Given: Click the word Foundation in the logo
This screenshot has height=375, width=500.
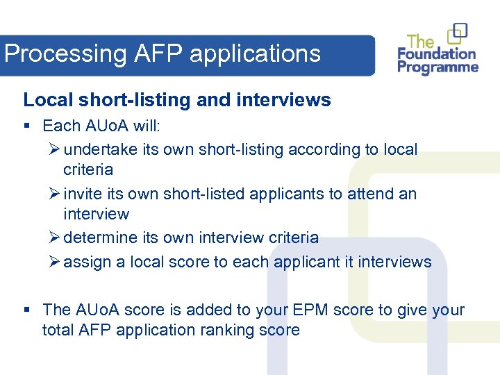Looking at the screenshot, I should pos(436,54).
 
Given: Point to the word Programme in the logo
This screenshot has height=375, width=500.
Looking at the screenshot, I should pos(437,68).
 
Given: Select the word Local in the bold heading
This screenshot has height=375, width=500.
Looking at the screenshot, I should pos(48,100).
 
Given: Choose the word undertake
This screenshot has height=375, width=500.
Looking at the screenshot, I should pos(101,149).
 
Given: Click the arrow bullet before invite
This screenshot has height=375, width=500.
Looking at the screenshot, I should pos(55,194).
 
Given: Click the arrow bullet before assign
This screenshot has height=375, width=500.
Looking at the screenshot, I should pos(55,262).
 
